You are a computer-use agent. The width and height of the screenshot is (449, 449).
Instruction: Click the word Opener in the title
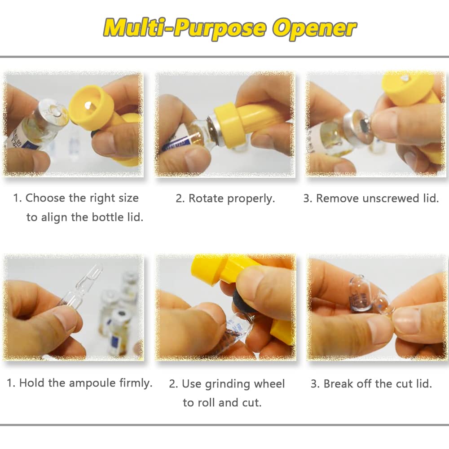[x=315, y=28]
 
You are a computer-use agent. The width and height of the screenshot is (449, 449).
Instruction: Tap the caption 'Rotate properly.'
[x=225, y=198]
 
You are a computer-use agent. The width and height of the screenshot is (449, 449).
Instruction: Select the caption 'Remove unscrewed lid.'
[x=371, y=198]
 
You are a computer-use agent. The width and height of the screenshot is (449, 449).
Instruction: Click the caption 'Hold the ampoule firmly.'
[x=79, y=383]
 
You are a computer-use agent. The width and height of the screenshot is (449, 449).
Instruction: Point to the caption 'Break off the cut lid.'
[x=371, y=384]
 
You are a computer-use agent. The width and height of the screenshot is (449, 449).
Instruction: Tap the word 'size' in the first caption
[x=127, y=198]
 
